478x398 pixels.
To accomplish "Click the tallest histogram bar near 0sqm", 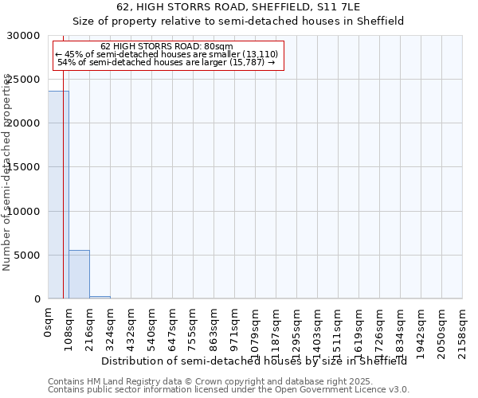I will click(x=58, y=195).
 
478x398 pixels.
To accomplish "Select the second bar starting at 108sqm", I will click(x=79, y=275).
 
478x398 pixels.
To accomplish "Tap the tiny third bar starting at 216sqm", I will click(x=100, y=297).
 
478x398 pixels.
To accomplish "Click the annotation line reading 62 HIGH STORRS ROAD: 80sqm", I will click(x=167, y=46).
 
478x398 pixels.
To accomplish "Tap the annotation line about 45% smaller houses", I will click(x=167, y=54).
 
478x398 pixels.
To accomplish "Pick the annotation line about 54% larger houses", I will click(x=167, y=62).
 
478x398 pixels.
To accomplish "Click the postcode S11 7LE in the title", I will click(x=342, y=7).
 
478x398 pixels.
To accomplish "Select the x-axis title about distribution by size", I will click(x=254, y=361).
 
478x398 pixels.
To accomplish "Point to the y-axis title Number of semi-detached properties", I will click(x=7, y=172).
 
